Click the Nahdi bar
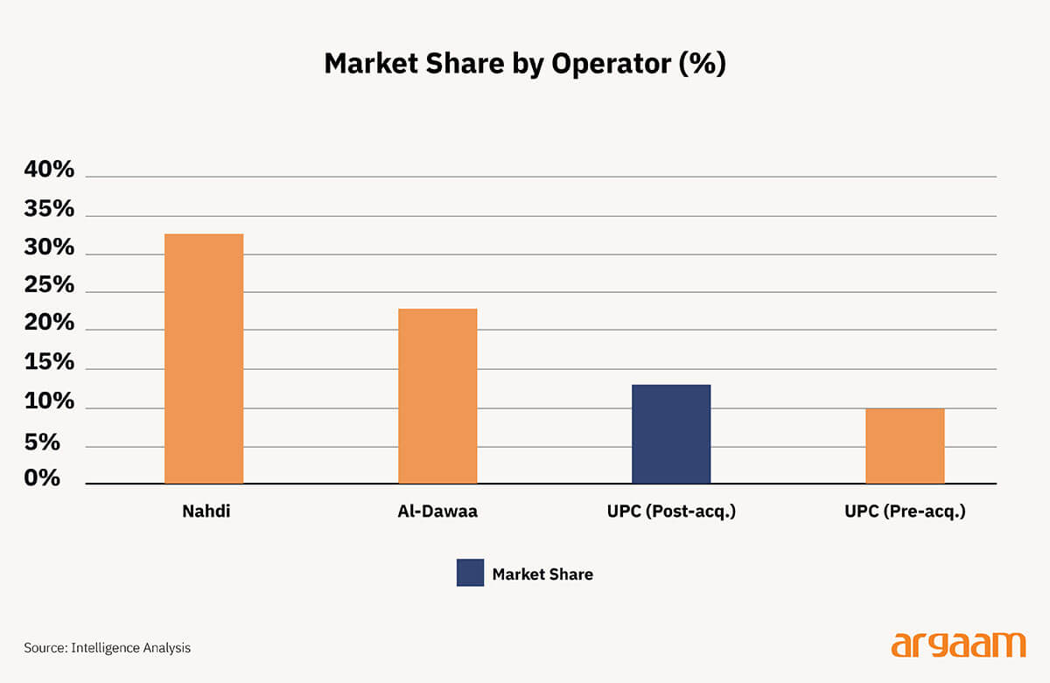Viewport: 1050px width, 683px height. click(204, 359)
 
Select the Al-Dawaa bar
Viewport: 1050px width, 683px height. click(437, 396)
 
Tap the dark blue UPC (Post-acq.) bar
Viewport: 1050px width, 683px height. click(671, 434)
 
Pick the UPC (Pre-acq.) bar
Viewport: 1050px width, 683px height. click(905, 446)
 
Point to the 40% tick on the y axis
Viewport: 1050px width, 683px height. click(49, 170)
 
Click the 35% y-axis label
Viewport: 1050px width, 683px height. click(49, 209)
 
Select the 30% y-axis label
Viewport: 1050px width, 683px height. click(49, 247)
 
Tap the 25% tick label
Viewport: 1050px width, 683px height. click(49, 285)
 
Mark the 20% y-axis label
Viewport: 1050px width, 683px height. click(49, 324)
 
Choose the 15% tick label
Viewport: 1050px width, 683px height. click(49, 362)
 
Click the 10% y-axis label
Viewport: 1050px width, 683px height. click(49, 401)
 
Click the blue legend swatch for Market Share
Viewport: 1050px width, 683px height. click(470, 573)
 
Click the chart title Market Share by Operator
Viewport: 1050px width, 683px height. click(525, 64)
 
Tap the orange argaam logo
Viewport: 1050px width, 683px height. click(958, 645)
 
